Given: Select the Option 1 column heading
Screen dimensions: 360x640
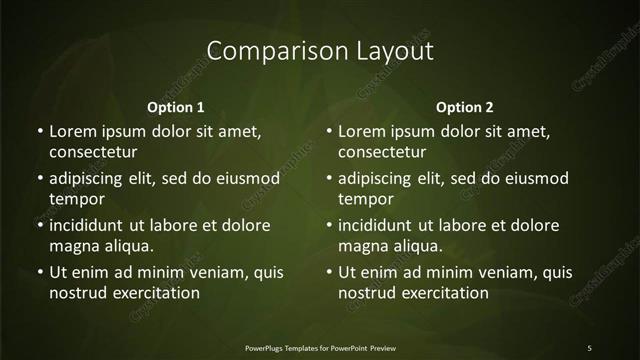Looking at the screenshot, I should [176, 107].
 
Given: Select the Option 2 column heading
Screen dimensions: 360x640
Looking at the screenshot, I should [465, 107].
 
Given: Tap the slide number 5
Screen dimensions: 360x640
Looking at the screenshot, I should [589, 347].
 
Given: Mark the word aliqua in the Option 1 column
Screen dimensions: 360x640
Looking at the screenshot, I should [126, 246].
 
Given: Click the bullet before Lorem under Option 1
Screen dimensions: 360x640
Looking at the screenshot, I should [39, 131].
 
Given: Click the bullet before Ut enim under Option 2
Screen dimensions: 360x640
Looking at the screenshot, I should [329, 272].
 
